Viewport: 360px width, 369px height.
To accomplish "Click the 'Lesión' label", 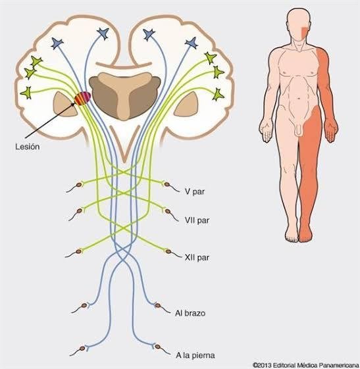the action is click(27, 147).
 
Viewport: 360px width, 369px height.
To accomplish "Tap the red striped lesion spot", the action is click(82, 99).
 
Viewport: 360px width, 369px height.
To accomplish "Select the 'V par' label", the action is click(195, 191).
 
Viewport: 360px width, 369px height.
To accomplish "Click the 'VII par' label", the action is click(197, 220).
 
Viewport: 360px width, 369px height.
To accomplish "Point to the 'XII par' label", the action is click(197, 257).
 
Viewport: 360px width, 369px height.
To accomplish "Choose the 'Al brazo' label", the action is click(190, 313).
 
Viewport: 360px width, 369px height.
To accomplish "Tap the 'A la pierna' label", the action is click(195, 355).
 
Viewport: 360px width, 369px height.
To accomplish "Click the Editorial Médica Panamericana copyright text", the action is click(306, 365).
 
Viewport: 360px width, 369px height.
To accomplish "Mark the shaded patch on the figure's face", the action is click(305, 32).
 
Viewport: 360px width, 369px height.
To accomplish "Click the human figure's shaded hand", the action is click(332, 132).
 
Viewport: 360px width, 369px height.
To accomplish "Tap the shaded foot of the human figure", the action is click(306, 235).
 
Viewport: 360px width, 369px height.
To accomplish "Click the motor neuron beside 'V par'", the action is click(170, 186).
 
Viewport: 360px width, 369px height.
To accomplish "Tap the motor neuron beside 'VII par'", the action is click(170, 214).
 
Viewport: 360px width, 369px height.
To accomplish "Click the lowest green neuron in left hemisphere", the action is click(26, 93).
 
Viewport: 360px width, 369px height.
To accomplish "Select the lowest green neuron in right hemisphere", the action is click(218, 95).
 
